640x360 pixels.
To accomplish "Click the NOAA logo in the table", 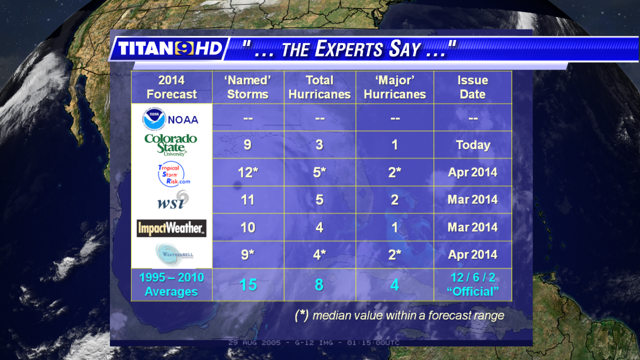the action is (170, 119).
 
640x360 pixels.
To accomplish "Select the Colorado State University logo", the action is (171, 145).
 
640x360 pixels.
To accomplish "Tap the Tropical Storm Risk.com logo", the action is (173, 174).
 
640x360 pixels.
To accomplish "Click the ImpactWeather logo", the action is (171, 228).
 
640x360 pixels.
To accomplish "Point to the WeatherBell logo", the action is (174, 254).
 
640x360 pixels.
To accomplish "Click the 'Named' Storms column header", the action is (247, 87).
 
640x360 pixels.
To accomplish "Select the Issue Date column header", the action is (473, 87).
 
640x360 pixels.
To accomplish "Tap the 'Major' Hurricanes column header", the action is (395, 87).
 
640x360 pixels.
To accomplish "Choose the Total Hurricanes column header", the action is (319, 87).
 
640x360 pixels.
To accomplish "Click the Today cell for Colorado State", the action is (473, 145).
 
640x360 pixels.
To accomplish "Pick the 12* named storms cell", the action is (248, 172).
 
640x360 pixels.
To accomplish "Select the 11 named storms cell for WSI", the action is (247, 199).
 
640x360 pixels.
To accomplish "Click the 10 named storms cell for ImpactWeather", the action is (247, 227).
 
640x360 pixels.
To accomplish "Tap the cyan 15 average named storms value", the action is (248, 285).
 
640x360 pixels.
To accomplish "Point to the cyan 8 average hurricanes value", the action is (319, 285).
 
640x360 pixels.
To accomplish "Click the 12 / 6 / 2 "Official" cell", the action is (473, 284).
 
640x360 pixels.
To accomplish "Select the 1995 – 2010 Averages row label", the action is (171, 284).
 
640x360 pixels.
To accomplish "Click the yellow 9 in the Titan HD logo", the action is (184, 48).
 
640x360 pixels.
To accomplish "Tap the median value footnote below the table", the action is (399, 315).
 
